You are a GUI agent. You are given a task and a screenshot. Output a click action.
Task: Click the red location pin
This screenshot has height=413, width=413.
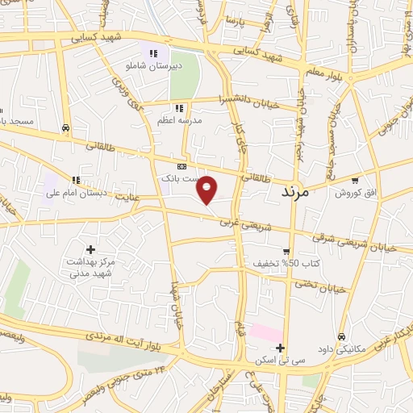[x=207, y=189]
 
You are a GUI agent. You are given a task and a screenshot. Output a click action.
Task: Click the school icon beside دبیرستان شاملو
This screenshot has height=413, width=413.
[x=152, y=53]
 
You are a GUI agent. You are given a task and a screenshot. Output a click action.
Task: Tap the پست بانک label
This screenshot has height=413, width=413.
[x=180, y=177]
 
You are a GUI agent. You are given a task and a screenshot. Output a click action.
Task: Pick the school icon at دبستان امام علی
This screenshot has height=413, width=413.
[x=76, y=180]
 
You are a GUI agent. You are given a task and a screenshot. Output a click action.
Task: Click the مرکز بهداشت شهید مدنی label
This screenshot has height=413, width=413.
[x=91, y=269]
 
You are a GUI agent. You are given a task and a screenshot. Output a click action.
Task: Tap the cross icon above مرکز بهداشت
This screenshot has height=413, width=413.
[x=90, y=249]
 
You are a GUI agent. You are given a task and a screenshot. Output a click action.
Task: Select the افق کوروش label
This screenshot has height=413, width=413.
[x=353, y=194]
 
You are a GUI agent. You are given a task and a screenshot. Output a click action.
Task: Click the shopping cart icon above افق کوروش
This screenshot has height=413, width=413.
[x=355, y=180]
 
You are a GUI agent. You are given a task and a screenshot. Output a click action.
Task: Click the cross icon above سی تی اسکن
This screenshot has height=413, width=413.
[x=280, y=348]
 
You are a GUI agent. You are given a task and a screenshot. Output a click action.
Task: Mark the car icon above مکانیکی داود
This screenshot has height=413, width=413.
[x=342, y=336]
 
